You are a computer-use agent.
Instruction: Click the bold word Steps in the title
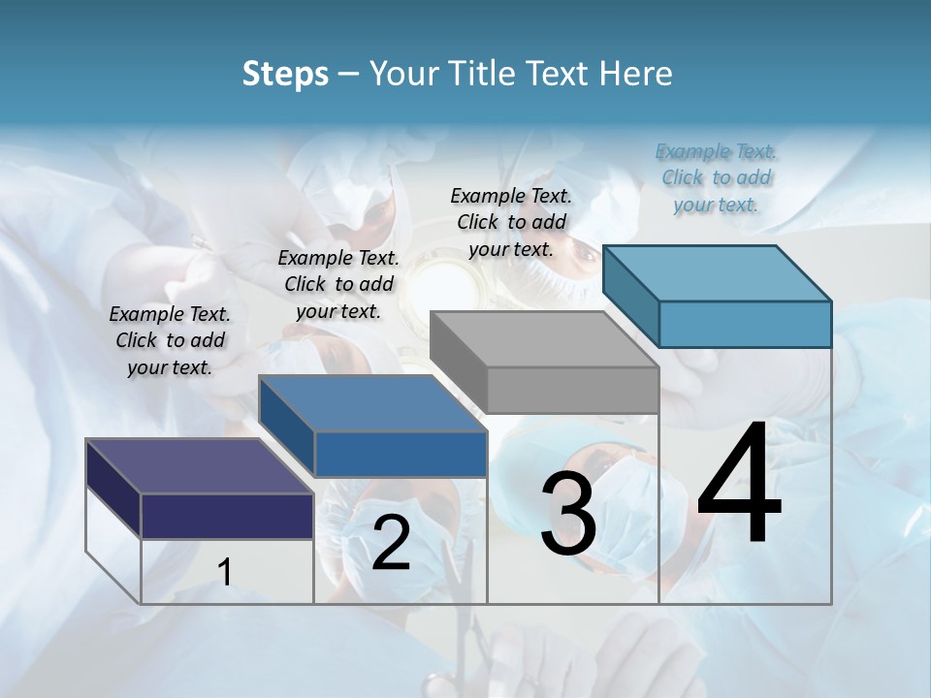pyautogui.click(x=285, y=74)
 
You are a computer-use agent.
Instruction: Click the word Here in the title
pyautogui.click(x=636, y=74)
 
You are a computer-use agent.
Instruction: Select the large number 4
pyautogui.click(x=740, y=485)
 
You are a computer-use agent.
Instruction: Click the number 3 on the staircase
pyautogui.click(x=568, y=514)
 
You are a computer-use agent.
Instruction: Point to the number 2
pyautogui.click(x=391, y=543)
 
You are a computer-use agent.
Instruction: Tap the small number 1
pyautogui.click(x=225, y=572)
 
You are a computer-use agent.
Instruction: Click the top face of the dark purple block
pyautogui.click(x=199, y=465)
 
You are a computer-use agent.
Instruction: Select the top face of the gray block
pyautogui.click(x=543, y=339)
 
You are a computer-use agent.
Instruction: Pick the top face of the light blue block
pyautogui.click(x=718, y=272)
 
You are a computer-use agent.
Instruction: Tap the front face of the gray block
pyautogui.click(x=572, y=390)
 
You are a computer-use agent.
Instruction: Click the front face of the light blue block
pyautogui.click(x=745, y=324)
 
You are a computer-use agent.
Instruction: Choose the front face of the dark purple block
pyautogui.click(x=227, y=516)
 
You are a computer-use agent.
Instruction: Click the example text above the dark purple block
pyautogui.click(x=170, y=340)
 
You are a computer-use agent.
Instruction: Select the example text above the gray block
pyautogui.click(x=511, y=222)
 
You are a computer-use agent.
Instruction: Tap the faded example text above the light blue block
pyautogui.click(x=716, y=177)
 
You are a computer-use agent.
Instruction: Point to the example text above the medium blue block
pyautogui.click(x=338, y=284)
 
